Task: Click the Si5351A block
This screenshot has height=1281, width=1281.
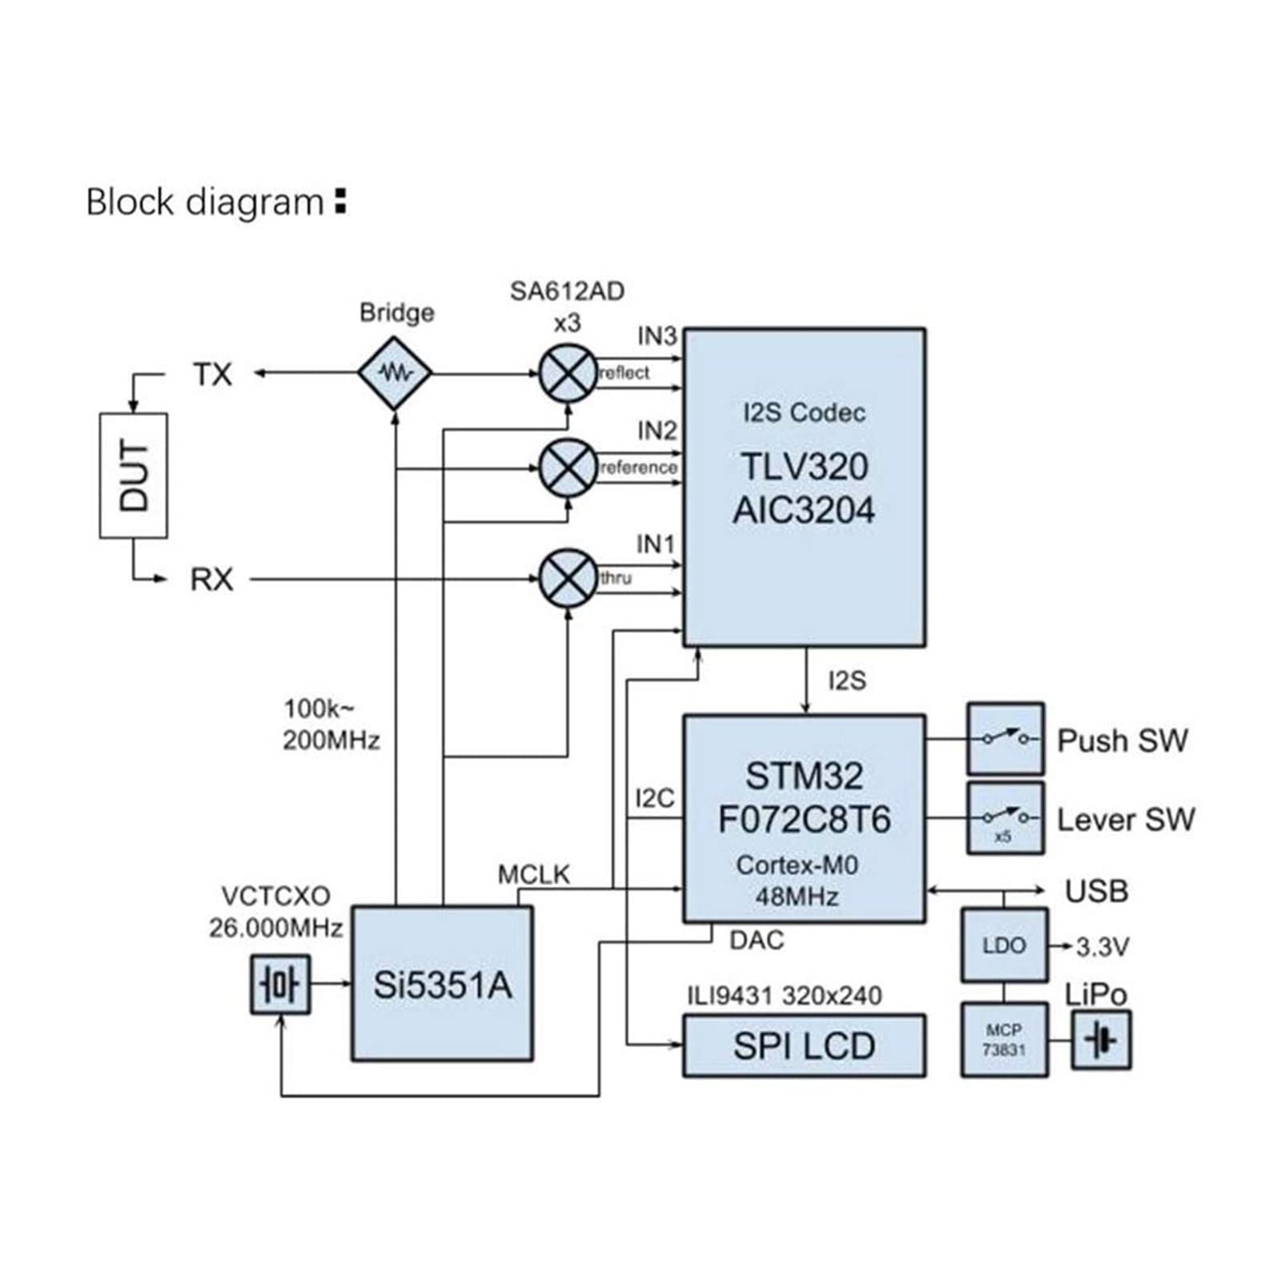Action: pyautogui.click(x=442, y=984)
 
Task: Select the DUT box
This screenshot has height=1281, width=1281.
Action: pyautogui.click(x=134, y=476)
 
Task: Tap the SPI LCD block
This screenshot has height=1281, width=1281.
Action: pyautogui.click(x=804, y=1046)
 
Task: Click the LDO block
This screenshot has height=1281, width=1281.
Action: pyautogui.click(x=1004, y=945)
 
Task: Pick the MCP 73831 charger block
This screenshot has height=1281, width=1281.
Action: pyautogui.click(x=1004, y=1039)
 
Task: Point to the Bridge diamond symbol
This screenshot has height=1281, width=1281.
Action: pyautogui.click(x=395, y=373)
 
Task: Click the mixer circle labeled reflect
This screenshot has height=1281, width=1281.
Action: pyautogui.click(x=568, y=373)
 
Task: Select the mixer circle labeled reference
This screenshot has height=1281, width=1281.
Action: pyautogui.click(x=568, y=468)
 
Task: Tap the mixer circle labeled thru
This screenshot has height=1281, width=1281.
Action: pyautogui.click(x=568, y=578)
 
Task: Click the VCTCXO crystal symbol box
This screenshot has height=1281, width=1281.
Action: pyautogui.click(x=280, y=984)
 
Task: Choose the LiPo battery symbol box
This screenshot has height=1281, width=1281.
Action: pyautogui.click(x=1102, y=1040)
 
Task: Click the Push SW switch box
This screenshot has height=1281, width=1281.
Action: pyautogui.click(x=1005, y=738)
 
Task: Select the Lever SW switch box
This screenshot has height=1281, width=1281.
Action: pyautogui.click(x=1005, y=818)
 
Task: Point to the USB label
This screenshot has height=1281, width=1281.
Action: pyautogui.click(x=1096, y=890)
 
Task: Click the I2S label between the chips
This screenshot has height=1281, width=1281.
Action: pyautogui.click(x=846, y=681)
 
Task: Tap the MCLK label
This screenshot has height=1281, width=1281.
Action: pyautogui.click(x=533, y=874)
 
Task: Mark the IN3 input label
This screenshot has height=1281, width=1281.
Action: pyautogui.click(x=657, y=336)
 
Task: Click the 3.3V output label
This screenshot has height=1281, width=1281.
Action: pyautogui.click(x=1102, y=947)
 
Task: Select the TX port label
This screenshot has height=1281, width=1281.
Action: pyautogui.click(x=212, y=374)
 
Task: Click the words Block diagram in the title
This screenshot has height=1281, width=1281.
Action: pyautogui.click(x=204, y=202)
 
